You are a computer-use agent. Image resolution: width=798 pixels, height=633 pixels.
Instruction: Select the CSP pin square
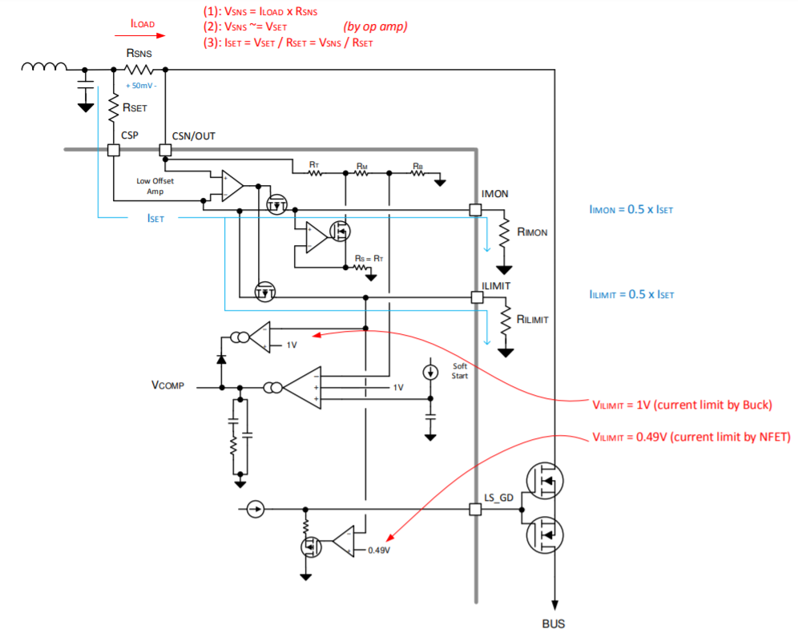pyautogui.click(x=113, y=150)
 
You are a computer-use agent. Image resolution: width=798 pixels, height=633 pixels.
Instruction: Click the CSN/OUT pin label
pyautogui.click(x=193, y=135)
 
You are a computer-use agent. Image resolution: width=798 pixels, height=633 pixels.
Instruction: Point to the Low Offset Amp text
pyautogui.click(x=155, y=186)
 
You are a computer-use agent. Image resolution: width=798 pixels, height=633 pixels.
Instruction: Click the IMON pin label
pyautogui.click(x=494, y=195)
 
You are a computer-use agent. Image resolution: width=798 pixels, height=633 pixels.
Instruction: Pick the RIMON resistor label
pyautogui.click(x=533, y=232)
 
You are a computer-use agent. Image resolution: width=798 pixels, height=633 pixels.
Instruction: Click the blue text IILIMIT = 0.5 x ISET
pyautogui.click(x=631, y=295)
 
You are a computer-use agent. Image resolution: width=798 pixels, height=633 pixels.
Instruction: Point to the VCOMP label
pyautogui.click(x=167, y=385)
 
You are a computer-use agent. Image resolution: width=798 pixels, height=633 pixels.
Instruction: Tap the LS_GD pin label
pyautogui.click(x=498, y=497)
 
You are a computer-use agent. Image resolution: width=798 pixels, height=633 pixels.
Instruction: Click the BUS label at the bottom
pyautogui.click(x=554, y=622)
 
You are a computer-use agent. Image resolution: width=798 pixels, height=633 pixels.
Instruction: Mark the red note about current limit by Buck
pyautogui.click(x=682, y=405)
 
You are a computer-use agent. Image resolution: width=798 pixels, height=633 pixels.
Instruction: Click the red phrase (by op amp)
pyautogui.click(x=376, y=26)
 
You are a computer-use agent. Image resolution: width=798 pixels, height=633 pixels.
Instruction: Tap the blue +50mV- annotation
pyautogui.click(x=141, y=84)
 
